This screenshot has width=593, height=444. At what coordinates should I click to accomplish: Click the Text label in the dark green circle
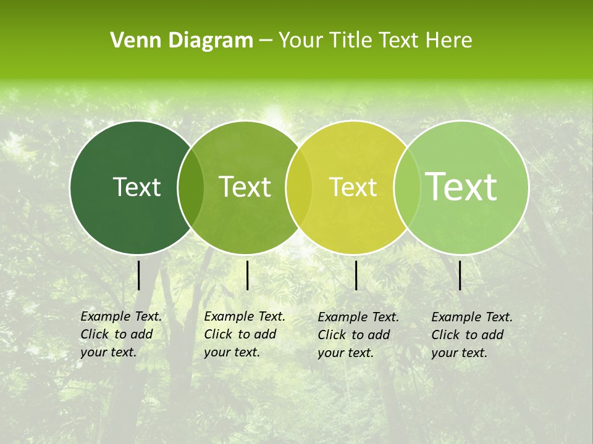coord(137,187)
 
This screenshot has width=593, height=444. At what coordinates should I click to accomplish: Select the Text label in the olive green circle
coord(245,187)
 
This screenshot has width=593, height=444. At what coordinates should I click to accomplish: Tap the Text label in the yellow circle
coord(353,187)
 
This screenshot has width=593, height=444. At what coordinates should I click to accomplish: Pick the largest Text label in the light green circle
coord(461,186)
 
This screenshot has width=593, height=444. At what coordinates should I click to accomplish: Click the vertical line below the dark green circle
coord(138,275)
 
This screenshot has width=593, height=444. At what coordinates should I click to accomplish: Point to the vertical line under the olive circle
coord(247,275)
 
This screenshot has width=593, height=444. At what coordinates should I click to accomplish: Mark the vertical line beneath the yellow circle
coord(356,275)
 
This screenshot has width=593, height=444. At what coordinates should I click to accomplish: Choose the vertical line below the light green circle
coord(460,275)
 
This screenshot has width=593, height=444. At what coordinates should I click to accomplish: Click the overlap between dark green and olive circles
coord(191,187)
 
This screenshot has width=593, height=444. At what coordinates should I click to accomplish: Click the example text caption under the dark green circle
coord(121,334)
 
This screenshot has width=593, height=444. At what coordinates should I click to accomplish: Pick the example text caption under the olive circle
coord(245,334)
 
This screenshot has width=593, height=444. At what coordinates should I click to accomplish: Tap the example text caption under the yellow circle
coord(358,335)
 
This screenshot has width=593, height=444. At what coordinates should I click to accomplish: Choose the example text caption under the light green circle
coord(472,335)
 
